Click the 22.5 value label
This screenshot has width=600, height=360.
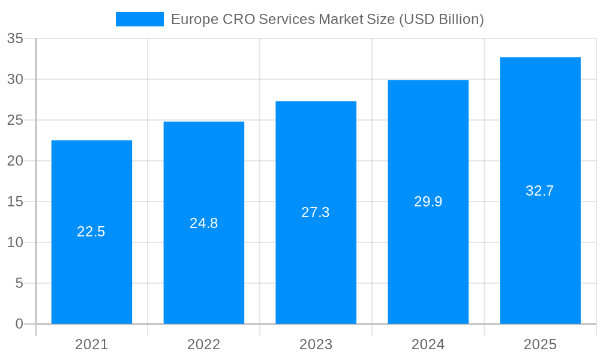coord(91,232)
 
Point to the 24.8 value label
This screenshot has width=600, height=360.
coord(203,223)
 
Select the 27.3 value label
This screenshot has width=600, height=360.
coord(316,212)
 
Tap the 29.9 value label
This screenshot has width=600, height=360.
coord(428,202)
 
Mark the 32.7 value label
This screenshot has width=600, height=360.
coord(540,191)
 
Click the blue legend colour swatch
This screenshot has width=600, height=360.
coord(139,19)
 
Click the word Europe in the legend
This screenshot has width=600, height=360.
coord(194,19)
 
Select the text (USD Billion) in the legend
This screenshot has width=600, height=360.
coord(441,19)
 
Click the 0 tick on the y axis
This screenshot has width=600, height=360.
coord(19,324)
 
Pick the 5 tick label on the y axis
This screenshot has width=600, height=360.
coord(19,283)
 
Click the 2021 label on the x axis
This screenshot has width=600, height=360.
coord(91,344)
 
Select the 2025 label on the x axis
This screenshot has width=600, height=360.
coord(540,344)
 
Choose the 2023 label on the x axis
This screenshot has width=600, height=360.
coord(316,344)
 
